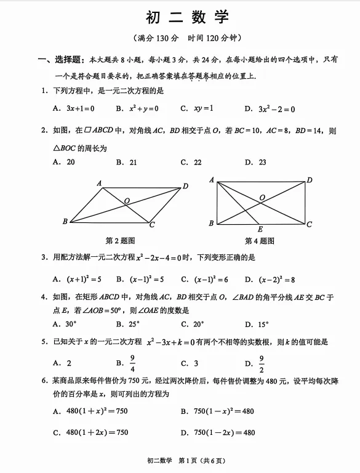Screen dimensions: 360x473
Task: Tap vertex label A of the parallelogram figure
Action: (x=99, y=183)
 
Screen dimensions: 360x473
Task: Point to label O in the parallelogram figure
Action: (x=127, y=201)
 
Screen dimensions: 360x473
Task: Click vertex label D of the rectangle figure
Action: (x=310, y=180)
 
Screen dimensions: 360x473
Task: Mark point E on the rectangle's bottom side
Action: (x=260, y=229)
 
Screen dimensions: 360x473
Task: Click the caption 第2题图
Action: (x=121, y=241)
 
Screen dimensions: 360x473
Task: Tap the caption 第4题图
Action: (x=260, y=241)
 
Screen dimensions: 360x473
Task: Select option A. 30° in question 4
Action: (x=64, y=324)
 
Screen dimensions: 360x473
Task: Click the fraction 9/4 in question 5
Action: (x=132, y=363)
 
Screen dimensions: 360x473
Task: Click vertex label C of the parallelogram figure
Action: (x=152, y=225)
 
